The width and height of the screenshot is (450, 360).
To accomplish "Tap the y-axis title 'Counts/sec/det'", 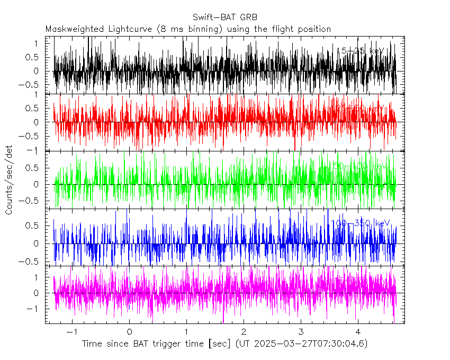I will pos(9,180).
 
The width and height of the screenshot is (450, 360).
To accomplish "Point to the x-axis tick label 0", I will pos(129,331).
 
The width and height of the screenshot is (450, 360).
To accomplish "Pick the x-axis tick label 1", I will pos(186,331).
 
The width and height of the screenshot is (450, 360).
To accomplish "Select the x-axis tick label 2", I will pos(244,331).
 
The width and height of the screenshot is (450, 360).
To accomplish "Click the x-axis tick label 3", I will pos(301,331).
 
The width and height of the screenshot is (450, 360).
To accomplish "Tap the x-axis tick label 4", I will pos(358,331).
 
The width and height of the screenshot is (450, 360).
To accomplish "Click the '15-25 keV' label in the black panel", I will pos(360,51).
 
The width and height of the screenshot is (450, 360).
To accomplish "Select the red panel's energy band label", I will pos(360,109).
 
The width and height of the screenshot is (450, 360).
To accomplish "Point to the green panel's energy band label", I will pos(360,166).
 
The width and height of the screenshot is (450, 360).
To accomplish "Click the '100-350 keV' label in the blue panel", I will pos(360,223).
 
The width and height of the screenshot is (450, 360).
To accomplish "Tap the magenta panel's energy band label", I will pos(360,279).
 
